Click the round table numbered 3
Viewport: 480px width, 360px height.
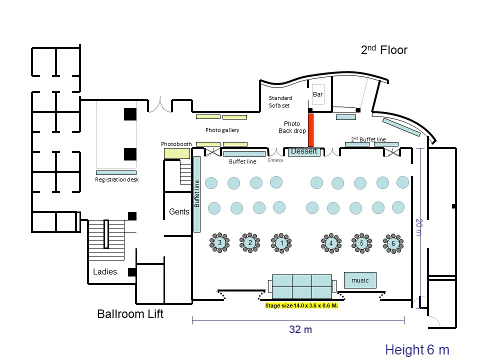pyautogui.click(x=219, y=243)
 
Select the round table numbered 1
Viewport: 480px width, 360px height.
pyautogui.click(x=281, y=243)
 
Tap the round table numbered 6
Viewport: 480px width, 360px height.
pyautogui.click(x=393, y=243)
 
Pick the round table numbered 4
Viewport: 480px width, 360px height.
pyautogui.click(x=331, y=243)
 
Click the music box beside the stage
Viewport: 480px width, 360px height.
pyautogui.click(x=360, y=280)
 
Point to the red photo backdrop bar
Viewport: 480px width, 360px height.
pyautogui.click(x=310, y=130)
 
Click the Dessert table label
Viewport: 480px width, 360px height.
pyautogui.click(x=304, y=151)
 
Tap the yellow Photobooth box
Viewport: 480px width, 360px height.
pyautogui.click(x=177, y=153)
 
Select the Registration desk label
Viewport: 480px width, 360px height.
pyautogui.click(x=117, y=179)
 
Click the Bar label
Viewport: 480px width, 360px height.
pyautogui.click(x=318, y=94)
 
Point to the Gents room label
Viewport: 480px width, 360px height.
pyautogui.click(x=179, y=211)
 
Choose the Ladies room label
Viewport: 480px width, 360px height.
pyautogui.click(x=105, y=271)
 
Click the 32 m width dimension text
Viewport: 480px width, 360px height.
pyautogui.click(x=300, y=329)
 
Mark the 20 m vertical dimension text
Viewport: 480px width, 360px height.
pyautogui.click(x=419, y=227)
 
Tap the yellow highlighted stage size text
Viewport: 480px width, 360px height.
pyautogui.click(x=301, y=305)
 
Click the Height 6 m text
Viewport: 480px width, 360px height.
pyautogui.click(x=417, y=349)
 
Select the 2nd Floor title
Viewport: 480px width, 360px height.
pyautogui.click(x=384, y=49)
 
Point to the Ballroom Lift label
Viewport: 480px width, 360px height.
pyautogui.click(x=130, y=314)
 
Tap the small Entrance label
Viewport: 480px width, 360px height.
pyautogui.click(x=275, y=160)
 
